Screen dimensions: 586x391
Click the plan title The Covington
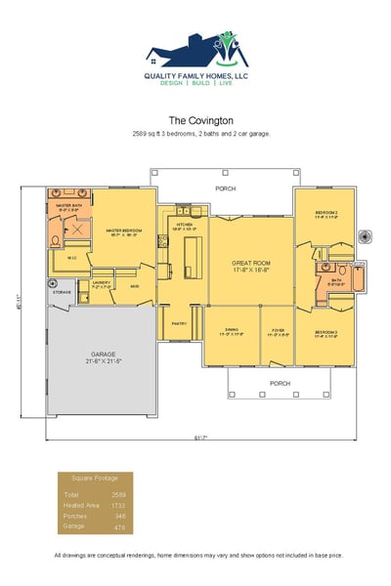pos(195,121)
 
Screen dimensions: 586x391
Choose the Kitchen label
pos(185,225)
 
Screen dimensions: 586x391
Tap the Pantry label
pos(179,322)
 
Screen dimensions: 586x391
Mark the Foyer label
pos(278,331)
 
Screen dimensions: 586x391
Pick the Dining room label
pos(232,331)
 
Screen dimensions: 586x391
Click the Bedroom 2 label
pos(326,214)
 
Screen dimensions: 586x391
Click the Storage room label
pos(62,292)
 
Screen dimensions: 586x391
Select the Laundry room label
pos(101,285)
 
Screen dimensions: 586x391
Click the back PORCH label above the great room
pos(226,187)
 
